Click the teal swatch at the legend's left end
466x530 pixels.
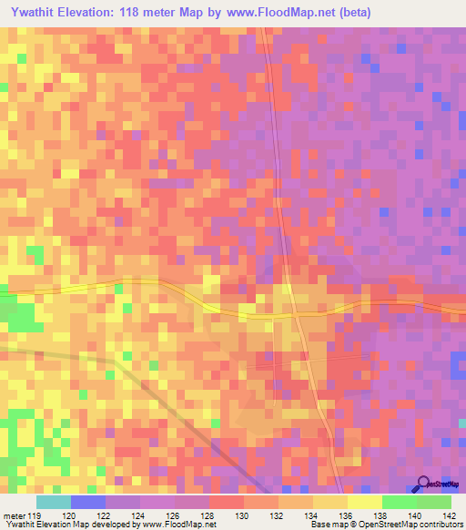click(53, 502)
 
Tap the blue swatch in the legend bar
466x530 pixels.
click(87, 502)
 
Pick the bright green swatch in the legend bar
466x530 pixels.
click(399, 502)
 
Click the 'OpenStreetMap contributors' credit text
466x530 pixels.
click(417, 525)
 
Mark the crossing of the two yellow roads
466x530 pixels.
click(297, 313)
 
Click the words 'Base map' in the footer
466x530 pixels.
click(326, 525)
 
